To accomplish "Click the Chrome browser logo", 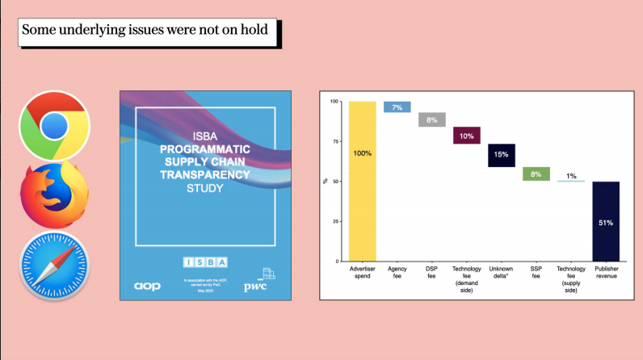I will point(54,125).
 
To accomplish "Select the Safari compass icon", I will point(54,266).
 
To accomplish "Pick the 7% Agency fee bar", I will point(397,107).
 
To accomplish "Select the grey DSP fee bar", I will point(432,119).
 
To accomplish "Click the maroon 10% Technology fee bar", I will point(467,136).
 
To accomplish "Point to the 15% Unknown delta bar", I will point(502,155).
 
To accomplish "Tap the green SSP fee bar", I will point(536,174).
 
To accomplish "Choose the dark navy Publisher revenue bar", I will point(606,221).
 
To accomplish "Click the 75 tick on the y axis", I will point(334,141).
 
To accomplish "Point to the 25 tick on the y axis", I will point(334,222).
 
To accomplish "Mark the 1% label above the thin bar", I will point(571,174).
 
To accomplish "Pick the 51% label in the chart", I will point(606,223).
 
